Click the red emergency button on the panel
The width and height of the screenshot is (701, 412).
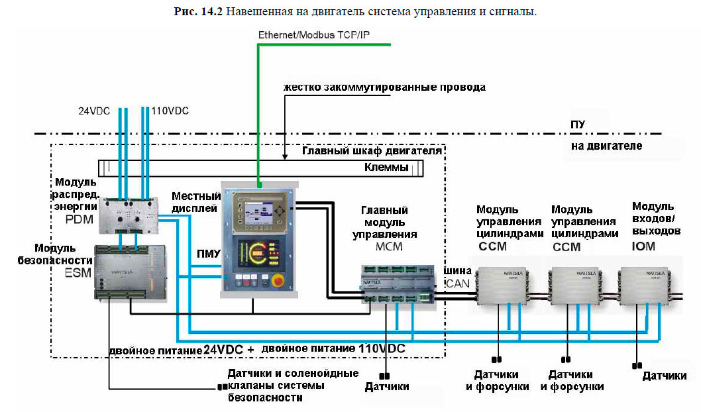(278, 281)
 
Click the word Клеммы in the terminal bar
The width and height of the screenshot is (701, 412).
(386, 168)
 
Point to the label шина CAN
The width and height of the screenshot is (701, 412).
(457, 276)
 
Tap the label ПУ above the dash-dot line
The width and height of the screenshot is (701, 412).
(578, 125)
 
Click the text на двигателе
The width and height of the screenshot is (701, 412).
(606, 146)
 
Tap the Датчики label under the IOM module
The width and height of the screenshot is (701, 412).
(664, 376)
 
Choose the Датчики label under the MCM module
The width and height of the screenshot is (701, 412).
(387, 386)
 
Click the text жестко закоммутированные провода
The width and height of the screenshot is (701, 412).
(384, 87)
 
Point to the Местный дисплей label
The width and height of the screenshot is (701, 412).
(195, 202)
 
